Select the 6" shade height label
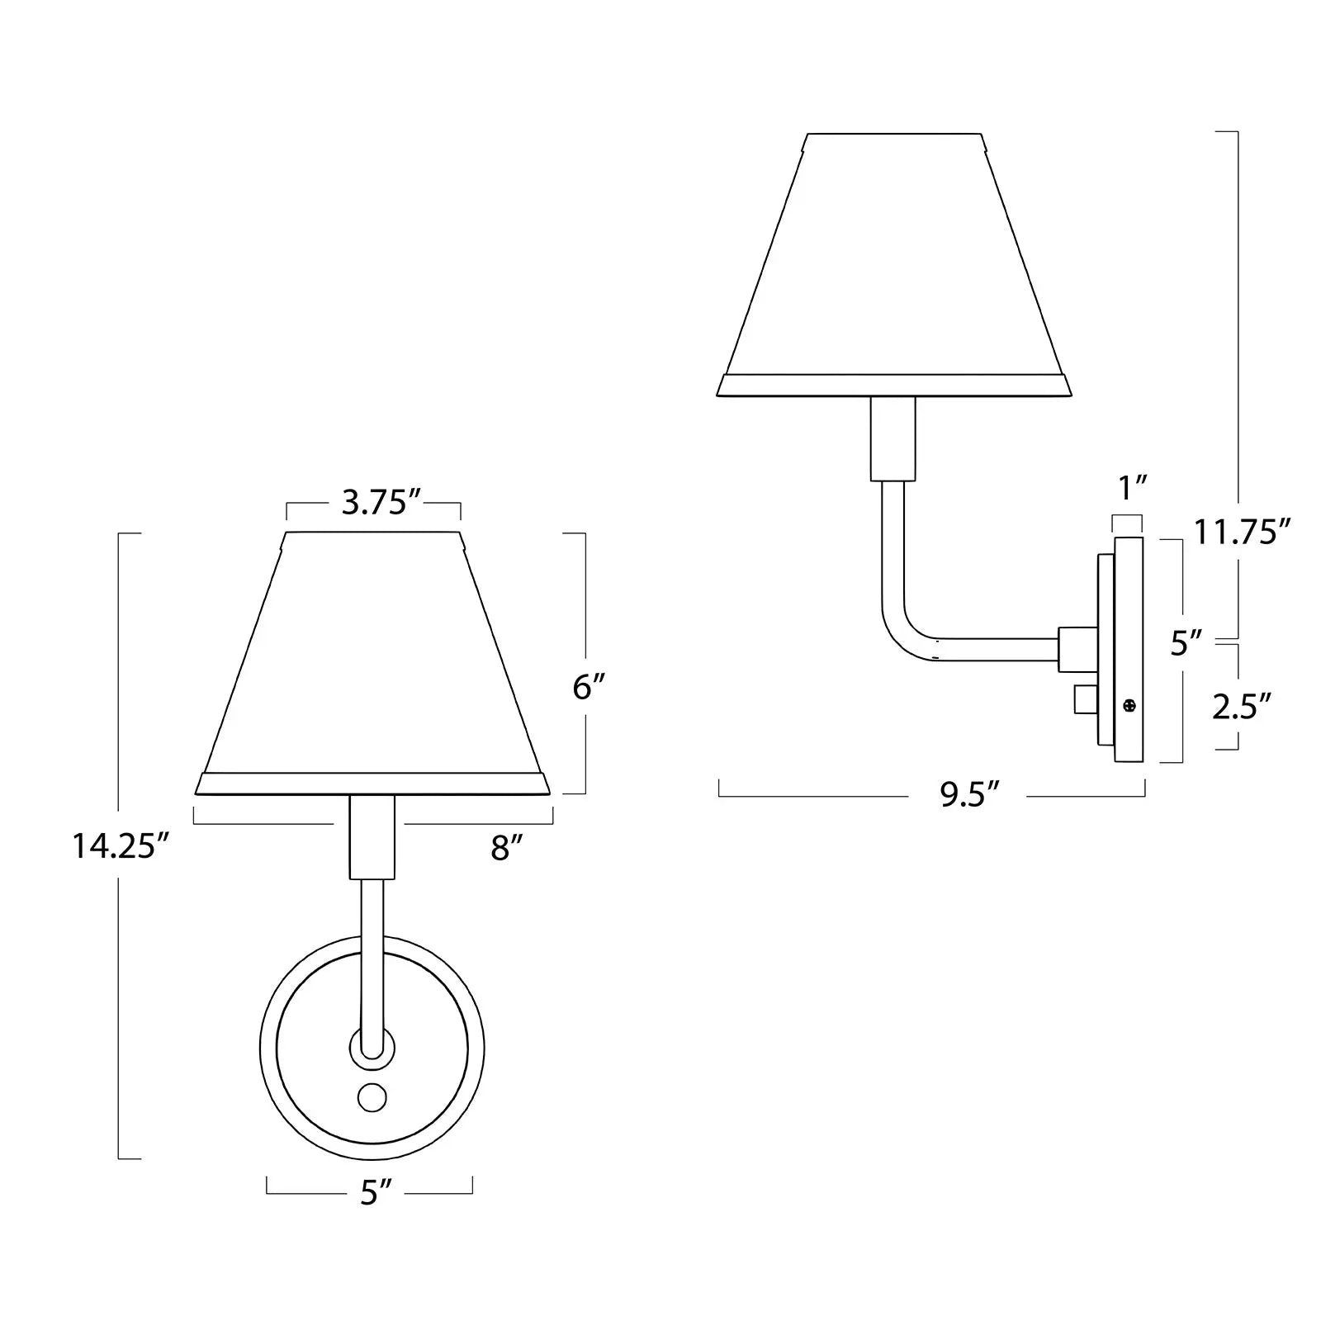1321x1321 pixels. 589,687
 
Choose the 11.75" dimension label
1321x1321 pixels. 1242,532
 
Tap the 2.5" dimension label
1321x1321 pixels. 1241,707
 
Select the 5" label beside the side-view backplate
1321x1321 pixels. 1186,642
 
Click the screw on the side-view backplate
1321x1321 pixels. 1129,705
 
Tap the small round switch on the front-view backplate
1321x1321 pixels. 372,1097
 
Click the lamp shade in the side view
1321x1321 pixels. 894,264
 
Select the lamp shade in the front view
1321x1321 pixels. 372,660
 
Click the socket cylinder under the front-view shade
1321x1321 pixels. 372,837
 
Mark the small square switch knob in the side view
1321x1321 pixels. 1083,699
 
